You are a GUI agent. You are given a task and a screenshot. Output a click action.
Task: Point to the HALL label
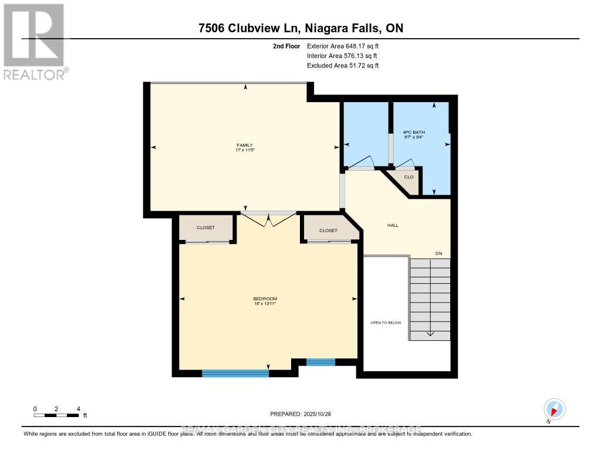393,225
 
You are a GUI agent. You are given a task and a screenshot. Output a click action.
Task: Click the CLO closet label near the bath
408,177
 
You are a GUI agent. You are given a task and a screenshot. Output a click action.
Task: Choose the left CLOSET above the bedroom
205,228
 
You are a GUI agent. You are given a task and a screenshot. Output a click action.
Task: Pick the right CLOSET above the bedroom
328,231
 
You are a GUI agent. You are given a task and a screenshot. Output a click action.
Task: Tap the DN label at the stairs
438,253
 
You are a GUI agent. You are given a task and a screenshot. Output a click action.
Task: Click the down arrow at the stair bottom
430,333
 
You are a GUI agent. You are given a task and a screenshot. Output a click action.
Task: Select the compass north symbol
554,409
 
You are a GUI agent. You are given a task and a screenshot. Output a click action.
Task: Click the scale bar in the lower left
56,415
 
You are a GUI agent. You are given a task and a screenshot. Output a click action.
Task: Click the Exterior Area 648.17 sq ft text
347,46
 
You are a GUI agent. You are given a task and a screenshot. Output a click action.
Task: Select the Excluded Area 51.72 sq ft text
343,66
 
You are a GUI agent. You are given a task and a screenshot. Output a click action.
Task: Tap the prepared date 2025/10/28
300,414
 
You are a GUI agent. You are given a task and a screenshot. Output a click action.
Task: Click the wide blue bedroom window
235,372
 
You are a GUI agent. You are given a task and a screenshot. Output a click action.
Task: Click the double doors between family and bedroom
269,218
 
